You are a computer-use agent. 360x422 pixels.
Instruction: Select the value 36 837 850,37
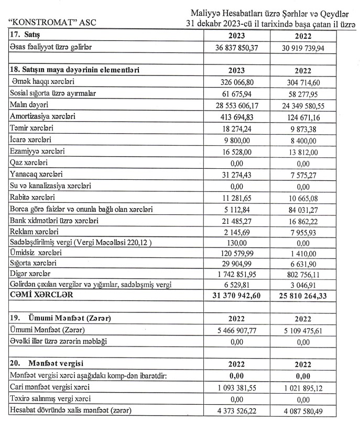click(x=238, y=47)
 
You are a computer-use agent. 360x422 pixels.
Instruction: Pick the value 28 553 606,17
click(x=238, y=104)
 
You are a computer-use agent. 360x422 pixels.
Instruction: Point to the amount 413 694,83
click(x=238, y=116)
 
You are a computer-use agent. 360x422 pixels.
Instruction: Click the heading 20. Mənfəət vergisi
click(x=47, y=363)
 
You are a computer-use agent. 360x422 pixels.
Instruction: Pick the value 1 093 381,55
click(x=238, y=387)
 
